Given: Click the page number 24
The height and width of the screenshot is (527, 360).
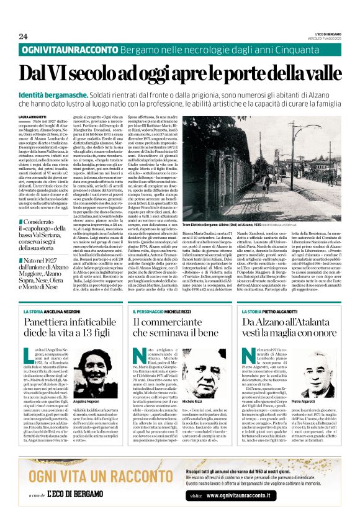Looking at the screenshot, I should pos(24,36).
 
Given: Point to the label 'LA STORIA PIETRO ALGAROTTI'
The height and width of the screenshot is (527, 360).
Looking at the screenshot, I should pos(273,310).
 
